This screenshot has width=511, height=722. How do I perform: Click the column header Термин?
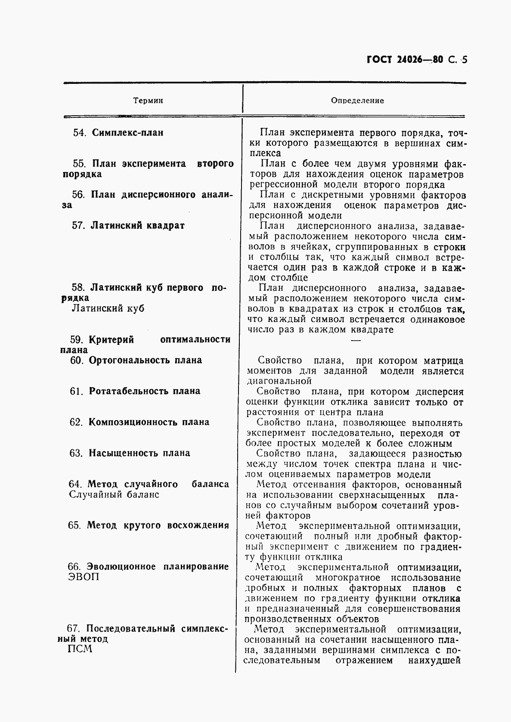click(148, 101)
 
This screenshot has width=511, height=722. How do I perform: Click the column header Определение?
click(357, 101)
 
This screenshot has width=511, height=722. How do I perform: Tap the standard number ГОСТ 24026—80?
click(405, 60)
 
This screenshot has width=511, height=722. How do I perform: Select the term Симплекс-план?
click(128, 133)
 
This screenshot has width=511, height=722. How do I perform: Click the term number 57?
click(78, 226)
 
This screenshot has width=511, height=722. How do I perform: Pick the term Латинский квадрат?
click(137, 226)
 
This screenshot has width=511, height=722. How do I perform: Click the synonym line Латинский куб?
click(108, 309)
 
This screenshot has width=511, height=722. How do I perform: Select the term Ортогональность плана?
click(145, 360)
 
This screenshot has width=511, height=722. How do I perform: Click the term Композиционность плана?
click(149, 422)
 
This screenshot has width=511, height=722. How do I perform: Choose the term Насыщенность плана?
click(139, 453)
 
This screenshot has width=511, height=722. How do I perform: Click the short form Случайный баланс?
click(114, 495)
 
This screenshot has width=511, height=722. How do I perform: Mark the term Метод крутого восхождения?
click(158, 525)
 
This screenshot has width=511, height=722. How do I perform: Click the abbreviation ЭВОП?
click(84, 577)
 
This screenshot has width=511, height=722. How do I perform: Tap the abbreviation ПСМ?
click(81, 649)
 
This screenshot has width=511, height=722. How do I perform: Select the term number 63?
click(76, 453)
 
